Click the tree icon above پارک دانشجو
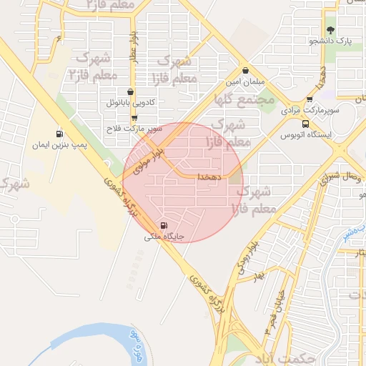click(x=330, y=30)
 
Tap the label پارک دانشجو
click(x=330, y=41)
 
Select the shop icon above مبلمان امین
click(x=246, y=71)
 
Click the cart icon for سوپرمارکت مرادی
click(x=310, y=99)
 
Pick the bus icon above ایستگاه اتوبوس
click(x=306, y=122)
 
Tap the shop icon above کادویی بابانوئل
click(x=130, y=91)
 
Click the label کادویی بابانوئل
click(x=130, y=103)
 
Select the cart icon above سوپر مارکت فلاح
click(x=134, y=117)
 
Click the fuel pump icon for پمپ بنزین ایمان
click(x=59, y=134)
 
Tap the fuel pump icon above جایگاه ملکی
click(x=167, y=223)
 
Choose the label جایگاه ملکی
click(x=165, y=234)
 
